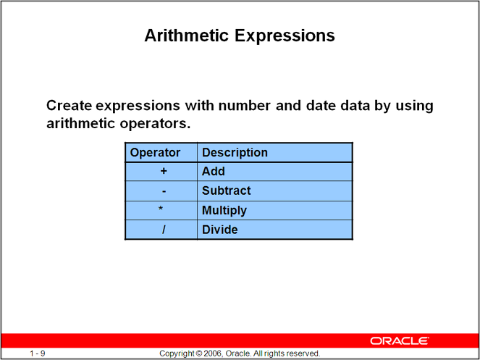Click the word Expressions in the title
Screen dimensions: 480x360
pos(285,36)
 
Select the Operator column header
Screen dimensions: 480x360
pos(155,153)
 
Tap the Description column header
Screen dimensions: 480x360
pos(235,153)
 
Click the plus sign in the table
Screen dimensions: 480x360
pos(164,171)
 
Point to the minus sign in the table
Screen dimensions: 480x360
pos(164,191)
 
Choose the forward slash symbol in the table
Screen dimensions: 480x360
pos(164,230)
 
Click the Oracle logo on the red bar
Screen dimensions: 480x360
pos(400,340)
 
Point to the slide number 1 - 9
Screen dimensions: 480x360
pos(38,353)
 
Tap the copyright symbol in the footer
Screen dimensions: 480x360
pos(200,353)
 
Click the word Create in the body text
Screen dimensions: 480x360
pos(70,106)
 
